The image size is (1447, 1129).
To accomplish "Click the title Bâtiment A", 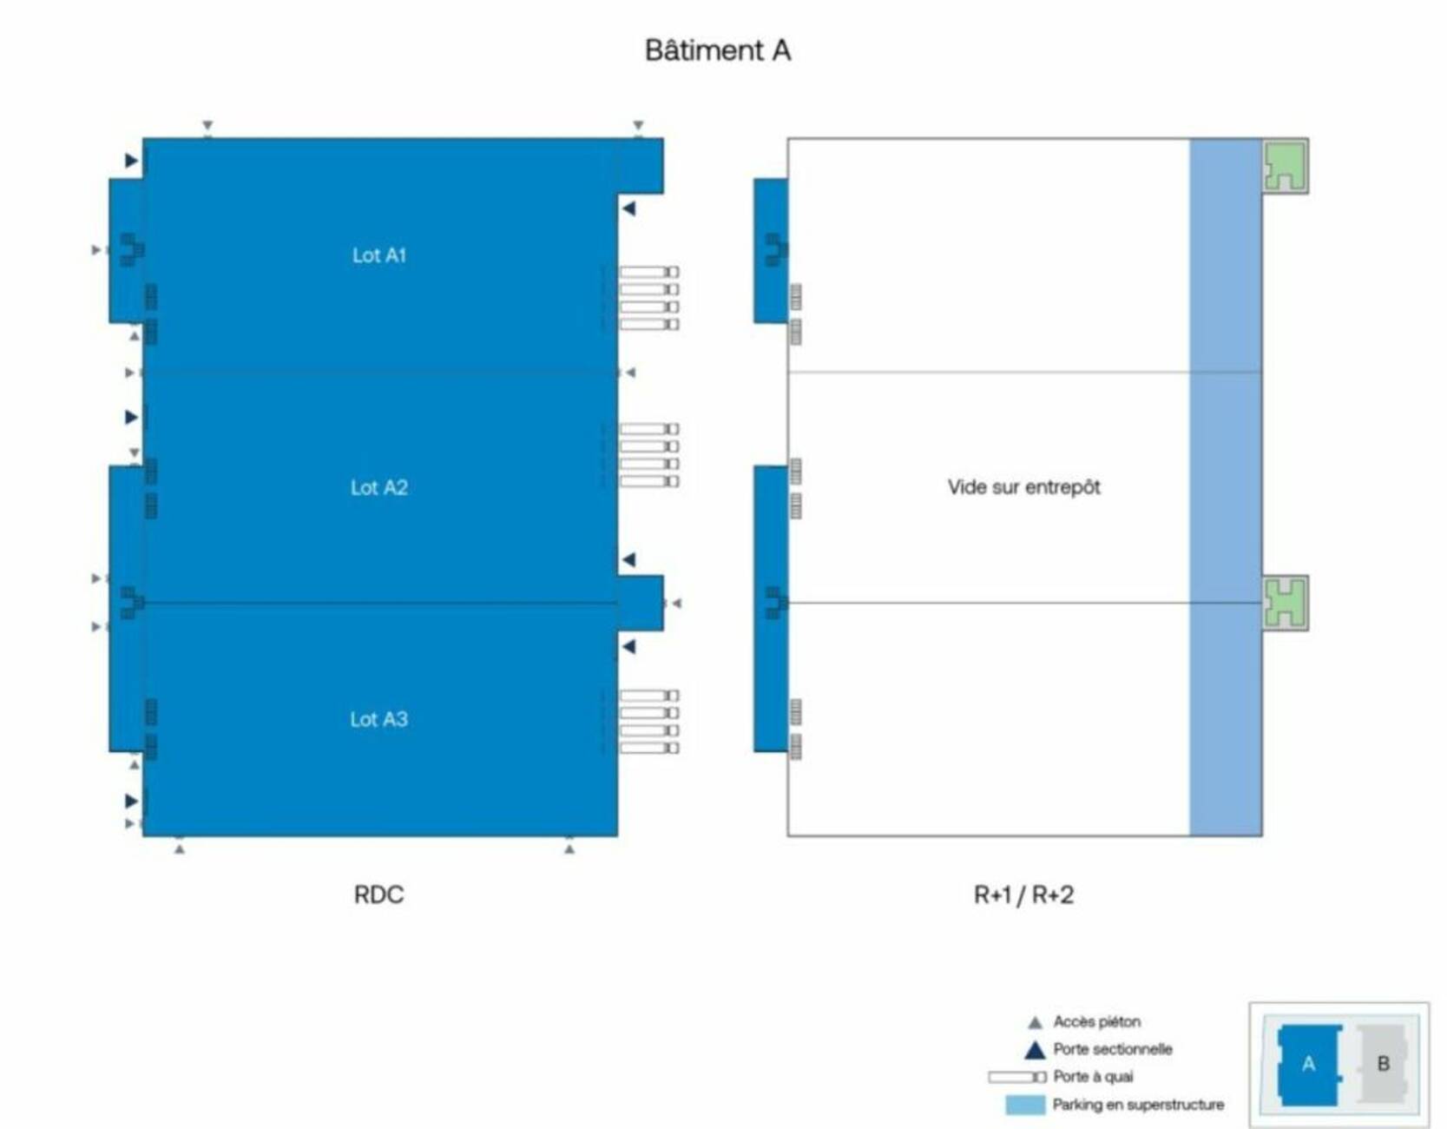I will point(717,50).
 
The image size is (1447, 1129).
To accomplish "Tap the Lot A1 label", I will point(378,255).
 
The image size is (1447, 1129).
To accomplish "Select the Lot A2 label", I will point(378,487).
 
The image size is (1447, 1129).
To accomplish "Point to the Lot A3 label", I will point(378,719).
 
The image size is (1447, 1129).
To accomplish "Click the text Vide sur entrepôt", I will point(1023,487).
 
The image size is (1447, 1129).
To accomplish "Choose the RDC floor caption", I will point(378,895).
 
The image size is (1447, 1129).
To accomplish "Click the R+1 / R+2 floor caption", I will point(1023,895).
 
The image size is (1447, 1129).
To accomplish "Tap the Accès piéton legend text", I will point(1096,1021).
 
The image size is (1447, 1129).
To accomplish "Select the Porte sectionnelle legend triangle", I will point(1035,1050).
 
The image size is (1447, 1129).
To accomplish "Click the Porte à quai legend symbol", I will point(1016,1077).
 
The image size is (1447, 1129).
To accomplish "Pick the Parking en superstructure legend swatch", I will point(1024,1105).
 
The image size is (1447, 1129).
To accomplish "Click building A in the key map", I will point(1308,1064).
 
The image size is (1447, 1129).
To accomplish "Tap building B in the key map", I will point(1383,1064).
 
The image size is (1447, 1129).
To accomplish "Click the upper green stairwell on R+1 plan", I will point(1285,166).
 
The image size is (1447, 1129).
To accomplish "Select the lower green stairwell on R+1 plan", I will point(1285,602).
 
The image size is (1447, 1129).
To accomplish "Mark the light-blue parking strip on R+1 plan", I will point(1225,486).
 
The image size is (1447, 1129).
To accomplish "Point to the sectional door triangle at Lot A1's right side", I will point(629,208).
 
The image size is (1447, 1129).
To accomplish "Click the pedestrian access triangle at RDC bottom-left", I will point(179,848).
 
